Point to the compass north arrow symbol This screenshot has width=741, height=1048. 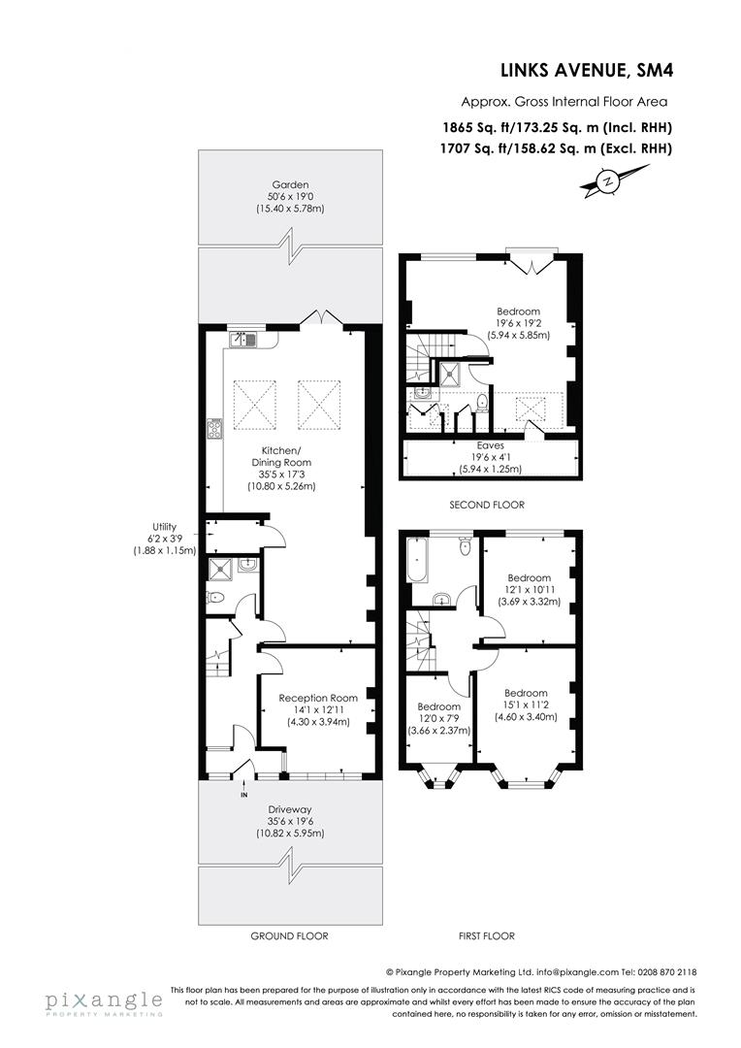coord(608,181)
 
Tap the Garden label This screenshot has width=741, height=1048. coord(290,196)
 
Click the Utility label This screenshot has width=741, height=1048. coord(165,539)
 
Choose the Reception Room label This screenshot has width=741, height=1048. coord(318,709)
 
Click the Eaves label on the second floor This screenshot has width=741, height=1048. coord(491,457)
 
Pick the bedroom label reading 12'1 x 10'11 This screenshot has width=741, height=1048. coord(529,590)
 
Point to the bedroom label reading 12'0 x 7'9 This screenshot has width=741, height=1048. coord(438,718)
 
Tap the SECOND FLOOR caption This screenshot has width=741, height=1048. coord(487,505)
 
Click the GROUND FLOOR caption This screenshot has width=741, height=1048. coord(290,936)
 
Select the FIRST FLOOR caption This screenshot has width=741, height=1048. coord(487,936)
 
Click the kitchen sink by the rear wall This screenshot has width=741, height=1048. coord(242,339)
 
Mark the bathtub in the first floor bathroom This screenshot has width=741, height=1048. coord(417,562)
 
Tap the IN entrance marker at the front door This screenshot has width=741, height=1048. coord(243,796)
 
